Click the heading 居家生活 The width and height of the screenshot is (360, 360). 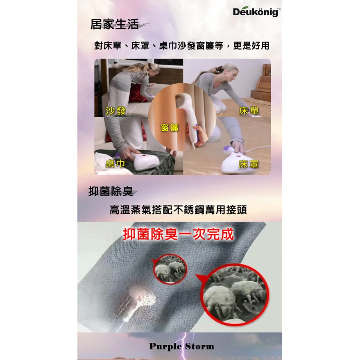[115, 24]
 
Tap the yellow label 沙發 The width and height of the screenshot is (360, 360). [115, 111]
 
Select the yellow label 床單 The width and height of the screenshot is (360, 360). [249, 111]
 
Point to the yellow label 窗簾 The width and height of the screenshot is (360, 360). [170, 128]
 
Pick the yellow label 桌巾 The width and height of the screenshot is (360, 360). [115, 163]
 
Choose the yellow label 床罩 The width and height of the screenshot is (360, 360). [249, 164]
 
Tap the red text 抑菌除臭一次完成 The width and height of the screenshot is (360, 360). [179, 234]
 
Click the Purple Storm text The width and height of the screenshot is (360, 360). [181, 346]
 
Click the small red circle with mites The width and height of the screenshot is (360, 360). [170, 269]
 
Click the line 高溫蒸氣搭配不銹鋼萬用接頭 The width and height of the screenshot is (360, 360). [178, 210]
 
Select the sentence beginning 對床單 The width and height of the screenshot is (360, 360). [181, 46]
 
